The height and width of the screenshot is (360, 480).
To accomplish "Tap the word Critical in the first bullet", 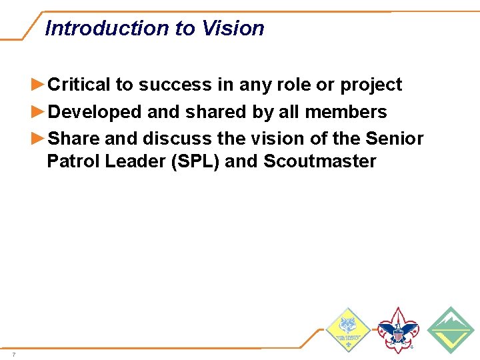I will (x=79, y=85).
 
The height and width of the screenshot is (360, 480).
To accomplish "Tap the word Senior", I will (x=395, y=139).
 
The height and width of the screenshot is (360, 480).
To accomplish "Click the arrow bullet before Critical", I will (x=39, y=85).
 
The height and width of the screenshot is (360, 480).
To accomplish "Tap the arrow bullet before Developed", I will (x=39, y=111).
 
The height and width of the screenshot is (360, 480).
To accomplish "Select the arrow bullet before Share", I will (x=39, y=138).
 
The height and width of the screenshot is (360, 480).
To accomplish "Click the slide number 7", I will (x=13, y=354).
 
